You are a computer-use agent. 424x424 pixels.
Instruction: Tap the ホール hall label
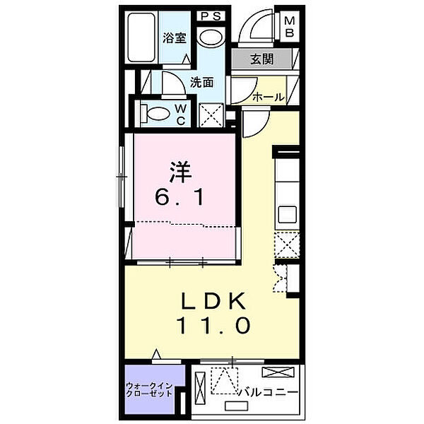pos(269,97)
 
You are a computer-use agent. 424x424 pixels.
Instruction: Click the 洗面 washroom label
pos(202,82)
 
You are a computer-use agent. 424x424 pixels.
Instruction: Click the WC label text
pos(181,114)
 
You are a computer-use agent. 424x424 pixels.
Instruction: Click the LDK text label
pos(211,302)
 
